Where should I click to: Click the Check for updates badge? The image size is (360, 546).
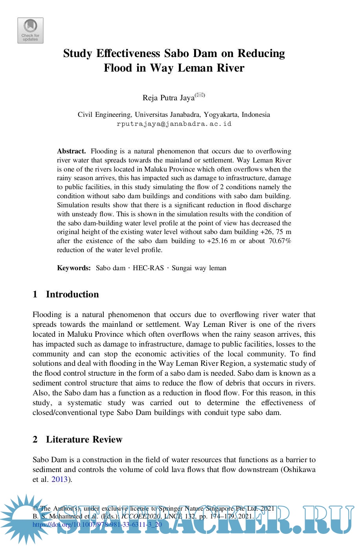click(x=30, y=30)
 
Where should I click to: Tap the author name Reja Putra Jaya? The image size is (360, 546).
click(x=168, y=98)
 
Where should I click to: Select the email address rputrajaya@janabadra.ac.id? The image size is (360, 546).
click(x=174, y=124)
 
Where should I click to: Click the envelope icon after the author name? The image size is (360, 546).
click(x=200, y=95)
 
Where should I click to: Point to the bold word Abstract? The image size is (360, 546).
click(x=71, y=151)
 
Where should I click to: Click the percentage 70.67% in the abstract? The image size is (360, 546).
click(x=280, y=241)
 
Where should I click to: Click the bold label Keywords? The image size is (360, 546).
click(x=74, y=268)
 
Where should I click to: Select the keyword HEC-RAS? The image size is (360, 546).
click(x=148, y=268)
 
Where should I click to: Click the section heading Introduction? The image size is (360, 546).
click(x=72, y=294)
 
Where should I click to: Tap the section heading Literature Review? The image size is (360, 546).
click(x=84, y=439)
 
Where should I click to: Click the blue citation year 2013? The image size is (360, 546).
click(x=59, y=480)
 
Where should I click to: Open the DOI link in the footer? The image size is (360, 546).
click(x=97, y=524)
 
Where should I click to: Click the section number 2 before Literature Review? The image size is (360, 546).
click(x=35, y=439)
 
